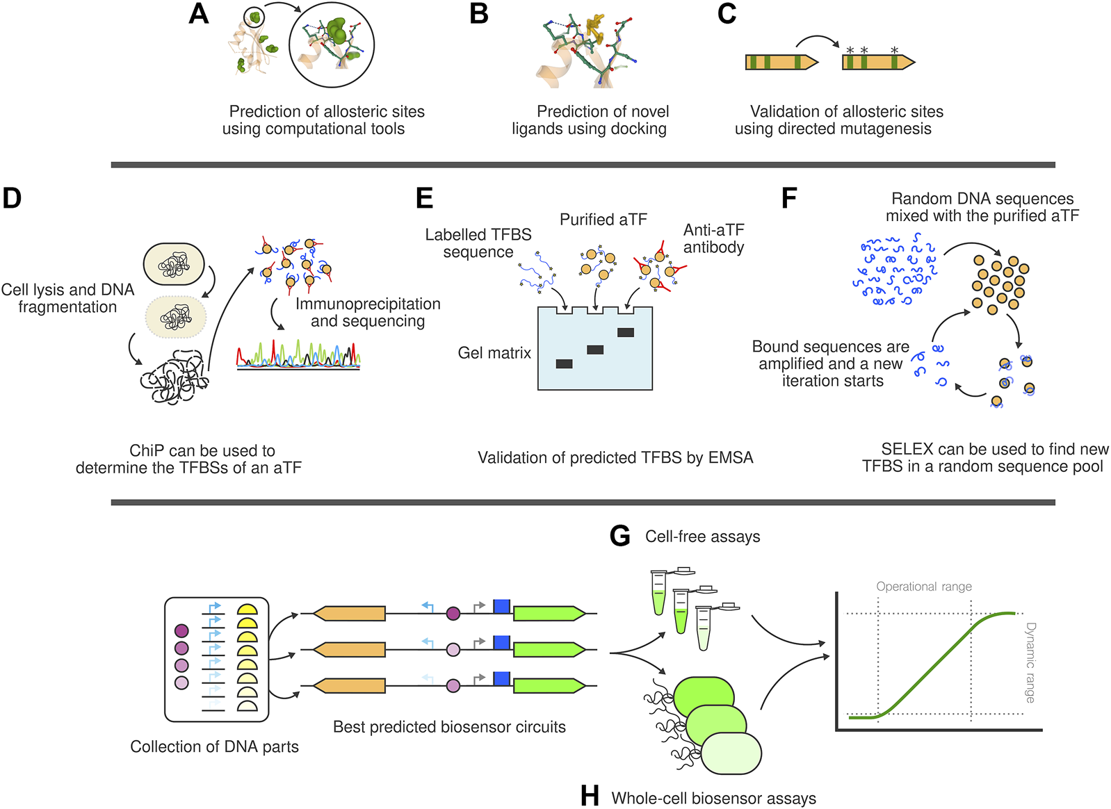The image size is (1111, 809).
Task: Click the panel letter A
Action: click(x=199, y=14)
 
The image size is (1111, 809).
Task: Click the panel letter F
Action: click(x=788, y=198)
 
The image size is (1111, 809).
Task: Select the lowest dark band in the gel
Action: click(x=564, y=363)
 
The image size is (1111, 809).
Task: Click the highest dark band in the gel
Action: click(x=625, y=332)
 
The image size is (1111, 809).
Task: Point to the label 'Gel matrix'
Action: click(x=494, y=353)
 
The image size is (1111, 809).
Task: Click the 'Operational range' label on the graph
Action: click(x=923, y=587)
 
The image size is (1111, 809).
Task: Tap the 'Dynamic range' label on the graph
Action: click(x=1030, y=662)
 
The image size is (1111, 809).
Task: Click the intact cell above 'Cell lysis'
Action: click(x=174, y=264)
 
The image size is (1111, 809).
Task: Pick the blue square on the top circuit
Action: click(x=501, y=606)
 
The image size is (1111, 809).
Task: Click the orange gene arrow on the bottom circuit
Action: click(x=349, y=686)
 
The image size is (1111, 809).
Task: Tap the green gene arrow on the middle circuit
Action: click(x=549, y=650)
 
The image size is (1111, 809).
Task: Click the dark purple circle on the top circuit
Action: click(x=453, y=613)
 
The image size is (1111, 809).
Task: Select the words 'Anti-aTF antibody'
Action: click(x=713, y=238)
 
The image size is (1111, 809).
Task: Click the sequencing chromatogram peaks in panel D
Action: click(x=298, y=354)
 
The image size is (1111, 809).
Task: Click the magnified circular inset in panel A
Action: click(x=331, y=45)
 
